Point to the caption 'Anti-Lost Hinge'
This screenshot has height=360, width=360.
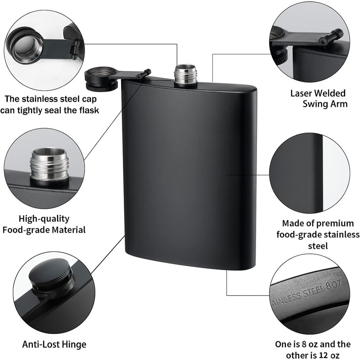click(54, 345)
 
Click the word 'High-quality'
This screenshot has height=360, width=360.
click(44, 219)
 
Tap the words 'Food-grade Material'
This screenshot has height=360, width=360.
click(44, 230)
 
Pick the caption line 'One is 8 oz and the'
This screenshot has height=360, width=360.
click(313, 344)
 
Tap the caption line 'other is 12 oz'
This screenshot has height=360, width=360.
click(313, 355)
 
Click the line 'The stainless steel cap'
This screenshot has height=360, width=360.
click(50, 99)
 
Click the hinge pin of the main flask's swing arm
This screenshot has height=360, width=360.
click(145, 73)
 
